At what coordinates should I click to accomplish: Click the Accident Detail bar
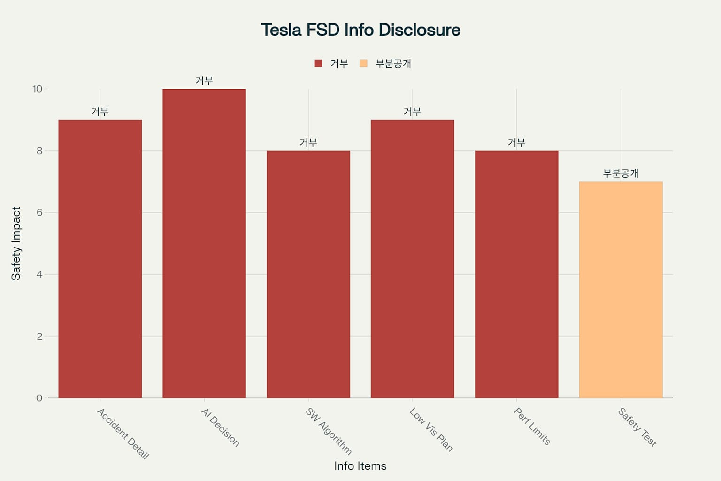point(100,259)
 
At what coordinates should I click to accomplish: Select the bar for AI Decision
point(204,244)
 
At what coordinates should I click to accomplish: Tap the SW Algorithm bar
point(308,274)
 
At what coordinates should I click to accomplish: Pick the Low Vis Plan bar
point(412,259)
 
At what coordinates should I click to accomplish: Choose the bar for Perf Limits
point(517,274)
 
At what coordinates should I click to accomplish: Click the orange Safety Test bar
point(621,290)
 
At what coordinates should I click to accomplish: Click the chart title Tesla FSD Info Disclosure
point(360,30)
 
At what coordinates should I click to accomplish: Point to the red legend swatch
point(318,63)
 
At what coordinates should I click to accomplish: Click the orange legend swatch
point(363,63)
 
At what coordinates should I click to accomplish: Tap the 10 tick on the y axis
point(38,89)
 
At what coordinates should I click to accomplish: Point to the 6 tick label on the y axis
point(39,213)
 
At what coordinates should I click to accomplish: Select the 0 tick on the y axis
point(39,398)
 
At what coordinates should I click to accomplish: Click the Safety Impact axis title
point(16,244)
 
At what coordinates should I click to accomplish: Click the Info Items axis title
point(360,466)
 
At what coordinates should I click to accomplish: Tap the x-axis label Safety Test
point(637,427)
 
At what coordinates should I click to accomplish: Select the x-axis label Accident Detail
point(123,434)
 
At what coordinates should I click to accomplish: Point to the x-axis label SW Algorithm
point(328,431)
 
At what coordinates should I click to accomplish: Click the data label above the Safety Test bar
point(621,173)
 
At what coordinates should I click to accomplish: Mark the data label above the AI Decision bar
point(204,80)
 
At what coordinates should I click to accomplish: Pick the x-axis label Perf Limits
point(532,426)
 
